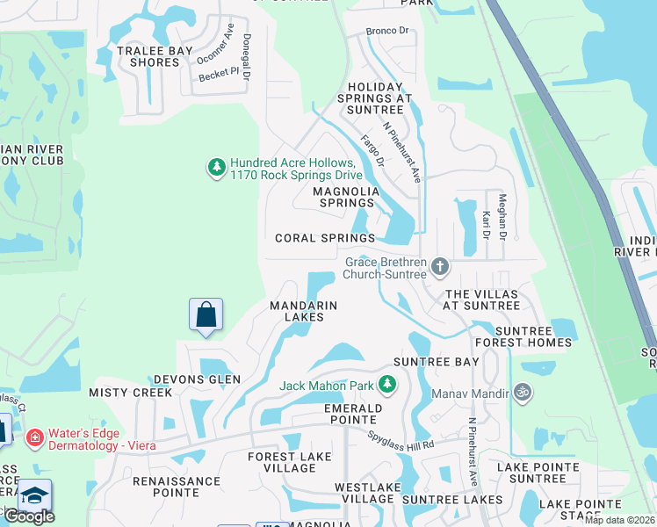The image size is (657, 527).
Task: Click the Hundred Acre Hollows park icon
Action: coord(216,167)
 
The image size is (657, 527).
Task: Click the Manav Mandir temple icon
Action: coord(522,392)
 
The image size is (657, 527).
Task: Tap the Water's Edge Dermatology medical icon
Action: coord(35,437)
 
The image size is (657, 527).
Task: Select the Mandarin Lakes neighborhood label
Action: coord(303,312)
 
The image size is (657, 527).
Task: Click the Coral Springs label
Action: coord(325,238)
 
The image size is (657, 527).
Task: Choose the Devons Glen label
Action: coord(198,379)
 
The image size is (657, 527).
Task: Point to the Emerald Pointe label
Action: coord(353,415)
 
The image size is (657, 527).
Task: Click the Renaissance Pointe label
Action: coord(177,487)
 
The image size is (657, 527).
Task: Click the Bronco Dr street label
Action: coord(388,31)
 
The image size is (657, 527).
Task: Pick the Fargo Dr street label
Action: coord(372,150)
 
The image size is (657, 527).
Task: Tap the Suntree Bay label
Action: coord(437,362)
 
